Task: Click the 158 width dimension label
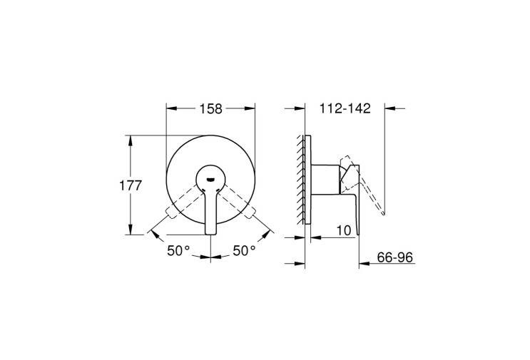point(210,109)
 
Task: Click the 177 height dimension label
point(131,185)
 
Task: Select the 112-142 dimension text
point(345,108)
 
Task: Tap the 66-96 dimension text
point(394,257)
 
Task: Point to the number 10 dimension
point(344,231)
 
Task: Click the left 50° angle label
point(179,251)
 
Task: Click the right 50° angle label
point(244,251)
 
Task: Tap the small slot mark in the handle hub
point(210,179)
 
